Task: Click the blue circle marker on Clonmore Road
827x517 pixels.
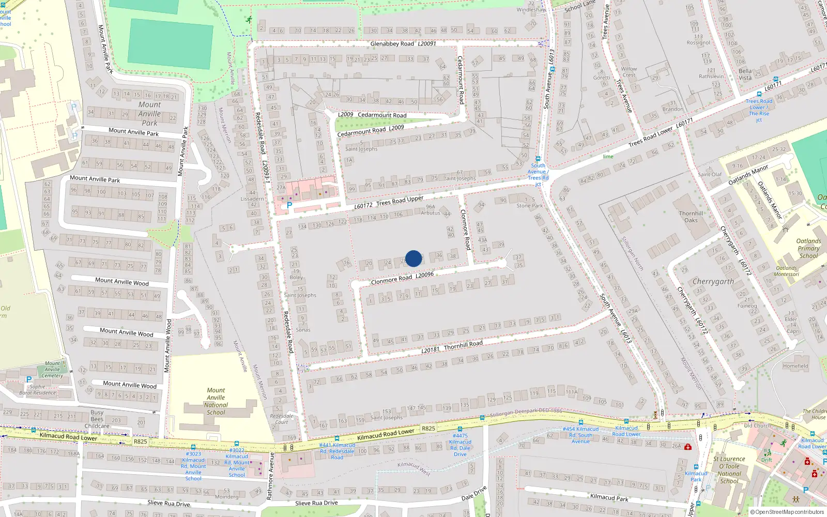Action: [413, 258]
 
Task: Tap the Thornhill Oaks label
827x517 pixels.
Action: [691, 217]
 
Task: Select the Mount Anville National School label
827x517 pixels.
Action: [216, 401]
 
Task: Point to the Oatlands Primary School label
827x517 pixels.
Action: [808, 248]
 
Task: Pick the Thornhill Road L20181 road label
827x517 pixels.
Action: [452, 346]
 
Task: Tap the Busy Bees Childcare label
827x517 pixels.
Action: [97, 419]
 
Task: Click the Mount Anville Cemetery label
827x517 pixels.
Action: [52, 369]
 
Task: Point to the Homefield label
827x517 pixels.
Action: [795, 366]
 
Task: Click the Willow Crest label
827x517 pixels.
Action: [629, 72]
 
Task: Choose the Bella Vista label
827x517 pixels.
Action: [745, 74]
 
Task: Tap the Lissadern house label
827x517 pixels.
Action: [252, 199]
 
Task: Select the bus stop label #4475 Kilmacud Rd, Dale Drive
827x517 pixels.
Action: [460, 445]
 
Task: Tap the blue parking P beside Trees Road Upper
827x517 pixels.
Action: [289, 205]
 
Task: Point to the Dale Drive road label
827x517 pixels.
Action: [473, 493]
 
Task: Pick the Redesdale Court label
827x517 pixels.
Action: [282, 419]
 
